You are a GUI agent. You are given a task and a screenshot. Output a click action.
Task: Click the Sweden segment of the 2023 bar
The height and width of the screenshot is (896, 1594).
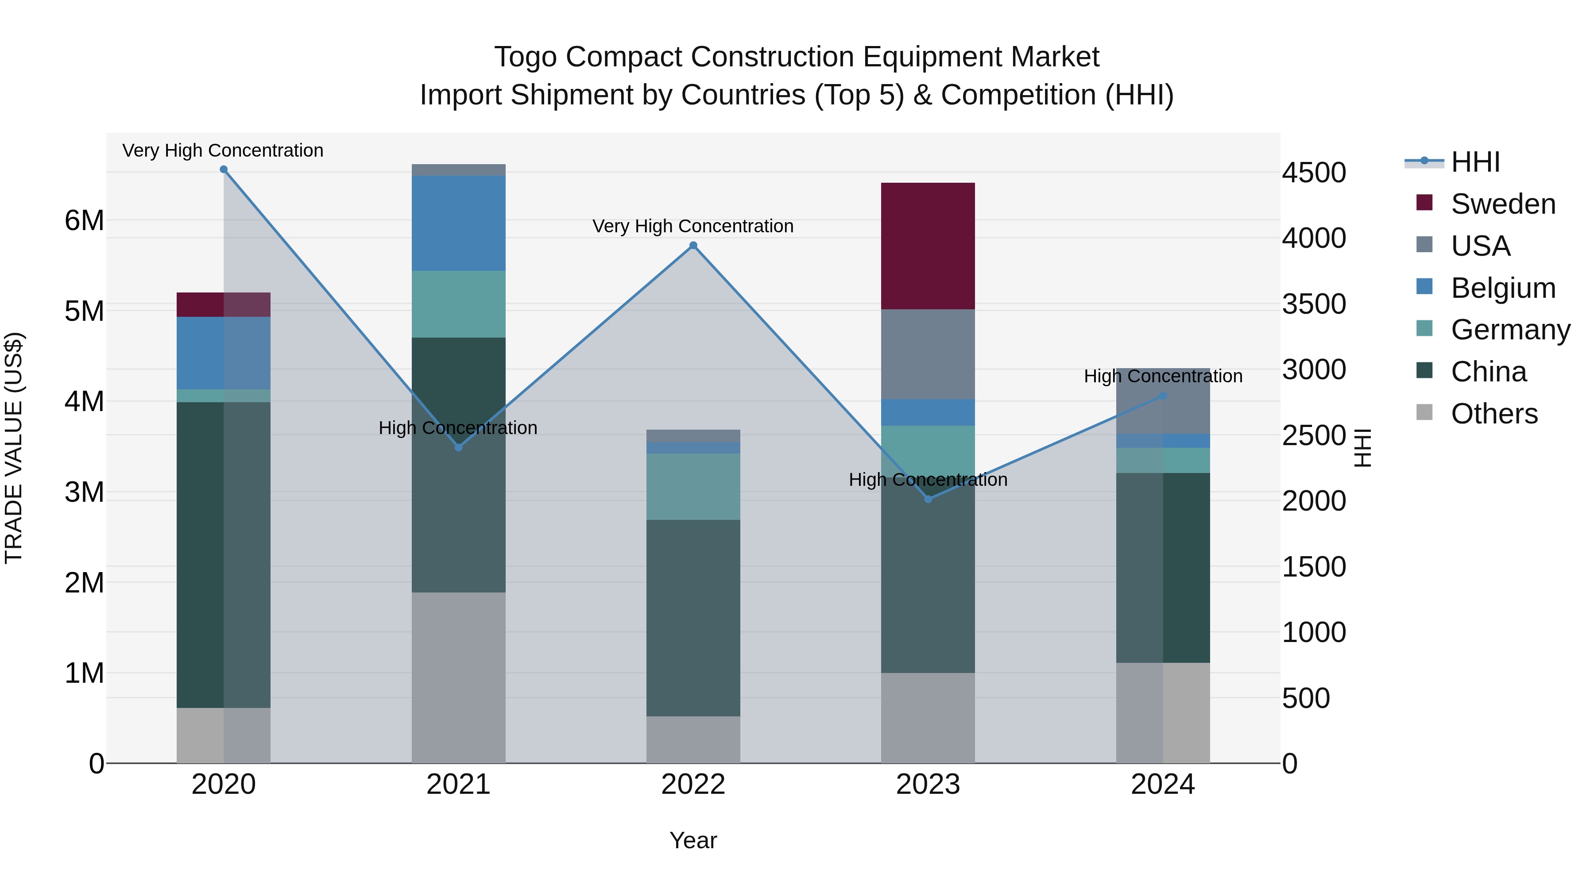pyautogui.click(x=928, y=246)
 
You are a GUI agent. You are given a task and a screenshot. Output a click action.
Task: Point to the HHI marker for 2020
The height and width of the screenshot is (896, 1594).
pyautogui.click(x=224, y=169)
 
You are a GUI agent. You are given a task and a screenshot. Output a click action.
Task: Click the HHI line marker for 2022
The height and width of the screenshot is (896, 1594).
pyautogui.click(x=693, y=246)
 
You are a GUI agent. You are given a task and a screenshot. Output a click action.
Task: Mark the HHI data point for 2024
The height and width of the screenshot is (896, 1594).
pyautogui.click(x=1163, y=396)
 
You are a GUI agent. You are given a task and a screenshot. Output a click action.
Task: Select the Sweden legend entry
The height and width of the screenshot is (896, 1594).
pyautogui.click(x=1502, y=204)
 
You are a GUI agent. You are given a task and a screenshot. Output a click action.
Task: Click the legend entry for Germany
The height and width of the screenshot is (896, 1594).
pyautogui.click(x=1510, y=330)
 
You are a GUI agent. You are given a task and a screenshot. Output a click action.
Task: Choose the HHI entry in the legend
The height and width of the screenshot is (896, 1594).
pyautogui.click(x=1475, y=162)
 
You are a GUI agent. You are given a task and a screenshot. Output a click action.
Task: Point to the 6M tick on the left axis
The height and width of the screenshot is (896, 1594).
pyautogui.click(x=84, y=221)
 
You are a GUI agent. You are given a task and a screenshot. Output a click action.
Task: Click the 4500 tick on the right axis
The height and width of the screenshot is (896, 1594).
pyautogui.click(x=1313, y=173)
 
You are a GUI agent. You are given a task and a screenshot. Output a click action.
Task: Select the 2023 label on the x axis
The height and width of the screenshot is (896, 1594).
pyautogui.click(x=928, y=784)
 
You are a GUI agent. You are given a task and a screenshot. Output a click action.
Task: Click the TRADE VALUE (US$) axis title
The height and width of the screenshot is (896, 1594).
pyautogui.click(x=14, y=448)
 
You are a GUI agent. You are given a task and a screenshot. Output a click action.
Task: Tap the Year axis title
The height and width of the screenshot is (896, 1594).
pyautogui.click(x=693, y=840)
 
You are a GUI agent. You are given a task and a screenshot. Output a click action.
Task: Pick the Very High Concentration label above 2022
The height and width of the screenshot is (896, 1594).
pyautogui.click(x=693, y=226)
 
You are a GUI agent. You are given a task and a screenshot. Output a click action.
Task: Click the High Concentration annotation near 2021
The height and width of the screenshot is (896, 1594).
pyautogui.click(x=458, y=428)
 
